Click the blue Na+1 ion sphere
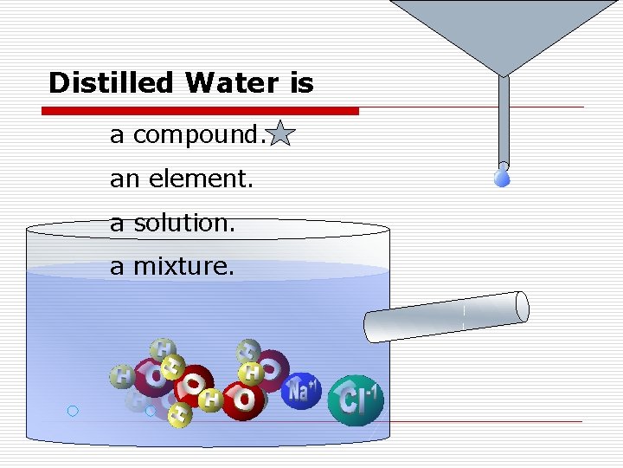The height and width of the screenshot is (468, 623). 301,392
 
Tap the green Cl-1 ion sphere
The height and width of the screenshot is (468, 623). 356,400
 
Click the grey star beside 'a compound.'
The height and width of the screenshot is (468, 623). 281,135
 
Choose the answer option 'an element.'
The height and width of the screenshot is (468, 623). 182,179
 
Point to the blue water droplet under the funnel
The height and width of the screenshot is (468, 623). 503,178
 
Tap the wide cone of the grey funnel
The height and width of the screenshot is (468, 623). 504,35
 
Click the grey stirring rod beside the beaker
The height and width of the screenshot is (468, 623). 441,317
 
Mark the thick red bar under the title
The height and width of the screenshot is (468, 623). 201,111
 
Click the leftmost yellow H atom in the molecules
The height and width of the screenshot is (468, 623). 122,377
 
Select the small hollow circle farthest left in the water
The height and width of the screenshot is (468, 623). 73,411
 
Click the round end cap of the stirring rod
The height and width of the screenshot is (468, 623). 521,306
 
